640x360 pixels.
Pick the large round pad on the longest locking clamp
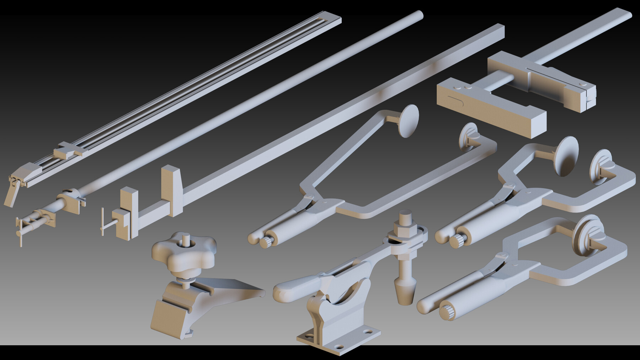click(x=407, y=121)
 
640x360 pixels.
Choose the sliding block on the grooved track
click(x=67, y=151)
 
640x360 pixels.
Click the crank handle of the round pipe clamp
click(x=20, y=233)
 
